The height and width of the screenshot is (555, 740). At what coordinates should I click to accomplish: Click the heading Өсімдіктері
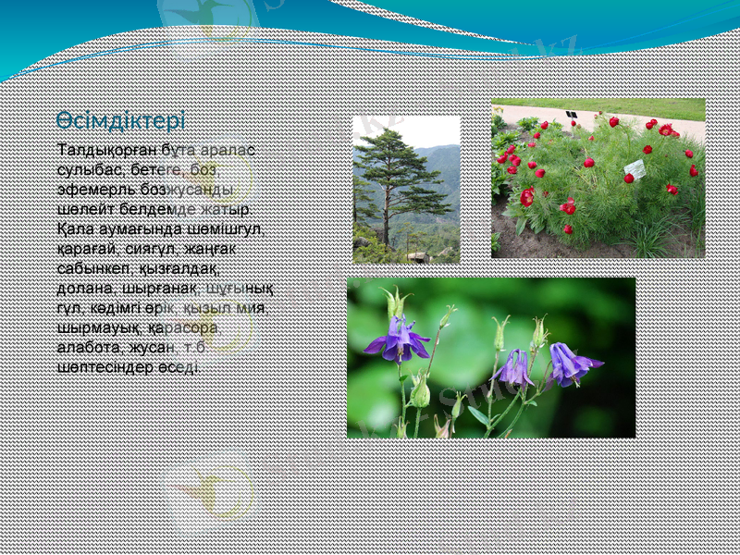click(120, 120)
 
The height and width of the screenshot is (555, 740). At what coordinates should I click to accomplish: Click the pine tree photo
click(406, 190)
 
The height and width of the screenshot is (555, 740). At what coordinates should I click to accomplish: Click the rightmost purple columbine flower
click(569, 364)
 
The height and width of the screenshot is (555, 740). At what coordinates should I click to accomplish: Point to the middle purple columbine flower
click(514, 368)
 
